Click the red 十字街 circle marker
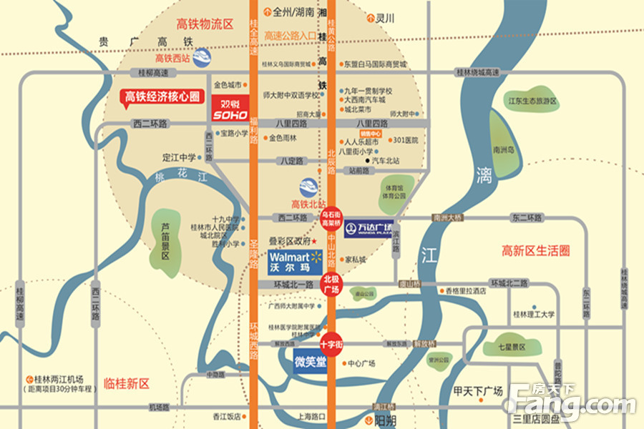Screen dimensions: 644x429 [x=331, y=344]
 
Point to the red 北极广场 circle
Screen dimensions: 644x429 [x=331, y=284]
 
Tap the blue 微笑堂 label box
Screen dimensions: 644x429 [x=310, y=363]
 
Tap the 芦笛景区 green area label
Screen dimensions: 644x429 [x=165, y=240]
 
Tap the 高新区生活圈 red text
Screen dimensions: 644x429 [x=535, y=251]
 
